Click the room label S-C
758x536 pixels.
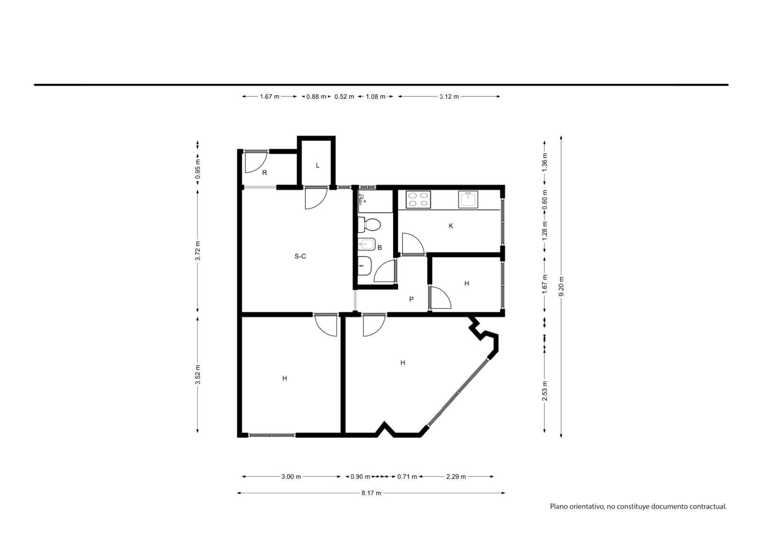tap(300, 256)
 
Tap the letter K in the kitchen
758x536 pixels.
tap(451, 226)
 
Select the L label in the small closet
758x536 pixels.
tap(317, 165)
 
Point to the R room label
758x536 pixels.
tap(265, 173)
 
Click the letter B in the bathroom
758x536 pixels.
tap(379, 247)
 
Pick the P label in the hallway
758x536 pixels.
tap(412, 299)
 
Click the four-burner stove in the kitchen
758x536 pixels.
tap(418, 200)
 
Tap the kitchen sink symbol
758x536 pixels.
tap(468, 200)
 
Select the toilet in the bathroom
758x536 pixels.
tap(369, 225)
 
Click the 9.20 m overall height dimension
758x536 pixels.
tap(561, 286)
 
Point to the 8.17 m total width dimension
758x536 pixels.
tap(371, 493)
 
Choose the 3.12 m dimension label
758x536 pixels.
tap(449, 97)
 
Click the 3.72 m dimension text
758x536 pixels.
tap(198, 251)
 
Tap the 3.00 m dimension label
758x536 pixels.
tap(291, 477)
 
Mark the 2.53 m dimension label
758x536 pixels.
tap(545, 391)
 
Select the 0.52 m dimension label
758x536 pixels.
tap(344, 97)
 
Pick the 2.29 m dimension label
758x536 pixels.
tap(456, 477)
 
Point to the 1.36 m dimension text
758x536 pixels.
tap(545, 162)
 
